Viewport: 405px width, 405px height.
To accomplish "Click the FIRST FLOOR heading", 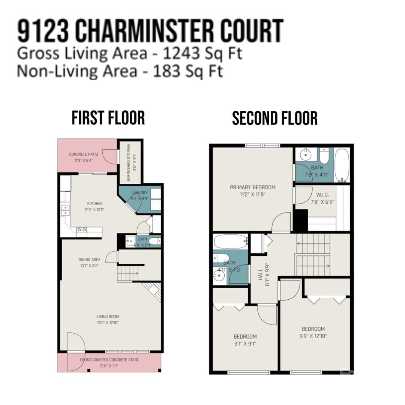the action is (108, 118).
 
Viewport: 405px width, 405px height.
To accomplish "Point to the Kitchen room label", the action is (94, 204).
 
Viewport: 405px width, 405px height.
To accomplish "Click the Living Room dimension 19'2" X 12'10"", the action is (108, 322).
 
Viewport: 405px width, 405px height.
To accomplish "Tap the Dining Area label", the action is (89, 259).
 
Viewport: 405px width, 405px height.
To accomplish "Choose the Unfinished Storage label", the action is (129, 162).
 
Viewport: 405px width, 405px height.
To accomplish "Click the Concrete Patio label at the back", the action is (83, 154).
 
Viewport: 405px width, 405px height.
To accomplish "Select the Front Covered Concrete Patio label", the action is (109, 360).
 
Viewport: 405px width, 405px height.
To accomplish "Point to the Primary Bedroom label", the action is (253, 187).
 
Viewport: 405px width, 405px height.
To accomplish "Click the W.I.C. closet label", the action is (322, 195).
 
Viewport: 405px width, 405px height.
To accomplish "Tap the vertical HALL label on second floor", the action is (260, 274).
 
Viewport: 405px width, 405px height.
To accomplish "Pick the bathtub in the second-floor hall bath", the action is (230, 242).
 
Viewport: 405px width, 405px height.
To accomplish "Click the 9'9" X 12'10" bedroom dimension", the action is (313, 336).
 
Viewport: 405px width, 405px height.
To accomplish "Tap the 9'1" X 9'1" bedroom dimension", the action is (245, 344).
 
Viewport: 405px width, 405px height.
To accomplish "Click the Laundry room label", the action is (139, 193).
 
